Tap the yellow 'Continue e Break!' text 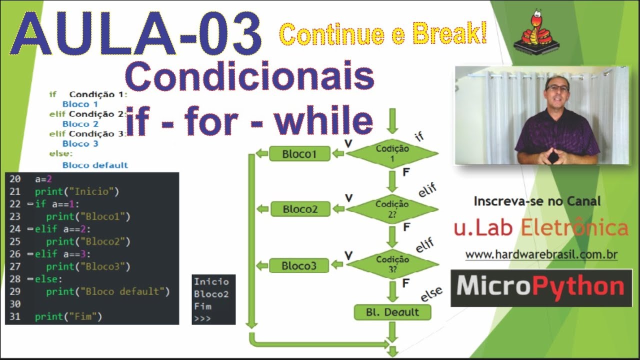(382, 34)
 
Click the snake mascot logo (540, 32)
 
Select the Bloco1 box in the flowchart (299, 154)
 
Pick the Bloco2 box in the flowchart (300, 209)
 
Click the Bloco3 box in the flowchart (299, 265)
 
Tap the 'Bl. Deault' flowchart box (392, 312)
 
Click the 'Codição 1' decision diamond (392, 153)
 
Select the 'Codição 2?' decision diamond (392, 208)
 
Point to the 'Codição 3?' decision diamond (392, 264)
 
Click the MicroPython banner (541, 287)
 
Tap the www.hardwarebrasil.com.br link (541, 254)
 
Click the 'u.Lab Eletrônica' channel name (541, 228)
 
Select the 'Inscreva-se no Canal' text (537, 201)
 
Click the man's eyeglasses (557, 88)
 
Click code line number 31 (14, 316)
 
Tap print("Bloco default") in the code (108, 291)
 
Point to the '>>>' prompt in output (202, 318)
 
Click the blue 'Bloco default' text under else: (95, 165)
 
